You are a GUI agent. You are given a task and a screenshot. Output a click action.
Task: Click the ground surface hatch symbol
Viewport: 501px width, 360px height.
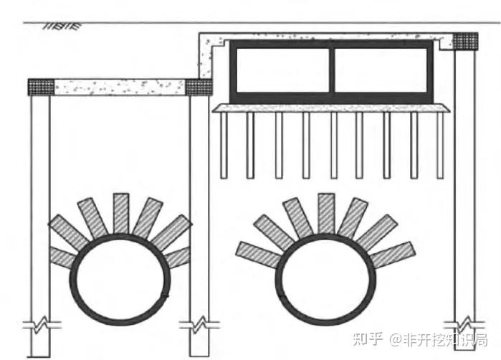[x=62, y=27]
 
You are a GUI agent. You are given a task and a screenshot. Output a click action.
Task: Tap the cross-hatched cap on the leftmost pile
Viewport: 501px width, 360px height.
[x=40, y=87]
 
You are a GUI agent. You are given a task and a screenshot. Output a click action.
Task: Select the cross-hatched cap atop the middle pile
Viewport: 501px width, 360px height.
[x=199, y=87]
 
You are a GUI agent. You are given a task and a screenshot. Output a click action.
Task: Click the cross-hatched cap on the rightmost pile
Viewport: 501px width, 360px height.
[x=465, y=41]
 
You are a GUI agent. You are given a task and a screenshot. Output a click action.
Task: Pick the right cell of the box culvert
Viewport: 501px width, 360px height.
[x=381, y=70]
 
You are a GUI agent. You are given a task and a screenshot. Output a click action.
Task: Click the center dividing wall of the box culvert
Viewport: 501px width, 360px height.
[x=332, y=70]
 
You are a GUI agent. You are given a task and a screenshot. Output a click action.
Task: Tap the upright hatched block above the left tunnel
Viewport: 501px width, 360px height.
[x=121, y=213]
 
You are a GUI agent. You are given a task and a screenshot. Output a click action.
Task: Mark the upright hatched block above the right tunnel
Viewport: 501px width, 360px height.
[x=326, y=213]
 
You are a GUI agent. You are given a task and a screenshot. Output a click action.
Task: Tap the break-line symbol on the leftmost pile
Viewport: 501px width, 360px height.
[x=40, y=326]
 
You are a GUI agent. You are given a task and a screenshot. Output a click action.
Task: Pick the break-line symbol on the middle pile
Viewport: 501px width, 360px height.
[x=199, y=326]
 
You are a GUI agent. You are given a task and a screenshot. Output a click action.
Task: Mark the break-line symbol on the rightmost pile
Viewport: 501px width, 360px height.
[x=465, y=320]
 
